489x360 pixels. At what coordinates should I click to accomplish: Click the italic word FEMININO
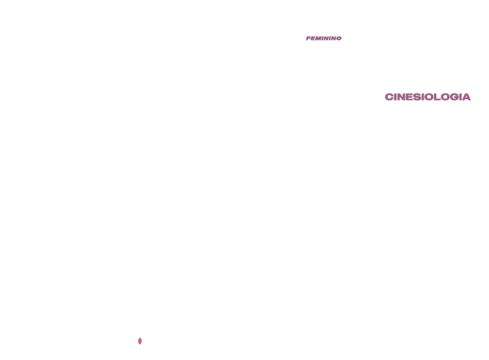coord(324,38)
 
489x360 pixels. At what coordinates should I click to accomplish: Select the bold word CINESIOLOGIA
coord(427,97)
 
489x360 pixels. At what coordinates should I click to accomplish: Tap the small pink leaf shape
coord(140,341)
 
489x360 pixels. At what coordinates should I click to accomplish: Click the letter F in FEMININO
coord(308,38)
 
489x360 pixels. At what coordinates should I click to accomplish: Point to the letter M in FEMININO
coord(318,38)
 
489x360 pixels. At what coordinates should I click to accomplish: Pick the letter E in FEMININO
coord(313,38)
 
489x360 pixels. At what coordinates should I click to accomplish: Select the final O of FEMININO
coord(339,38)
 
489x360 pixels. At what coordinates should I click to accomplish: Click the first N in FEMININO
coord(326,38)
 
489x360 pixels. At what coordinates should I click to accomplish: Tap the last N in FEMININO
coord(333,38)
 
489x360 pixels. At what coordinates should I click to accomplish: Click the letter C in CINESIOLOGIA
coord(389,97)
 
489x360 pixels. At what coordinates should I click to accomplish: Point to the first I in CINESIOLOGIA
coord(395,97)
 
